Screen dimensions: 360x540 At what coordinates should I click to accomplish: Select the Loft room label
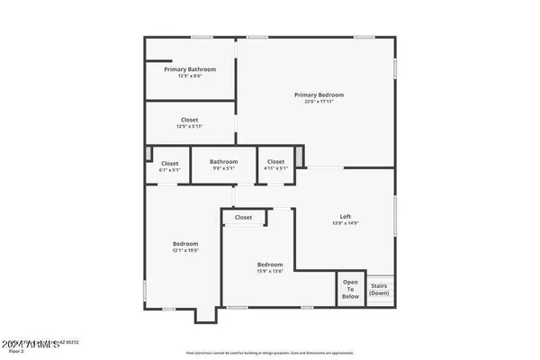pos(345,216)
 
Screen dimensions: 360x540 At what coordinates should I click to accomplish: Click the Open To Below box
pos(350,289)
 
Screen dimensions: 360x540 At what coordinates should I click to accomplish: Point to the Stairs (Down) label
pos(379,289)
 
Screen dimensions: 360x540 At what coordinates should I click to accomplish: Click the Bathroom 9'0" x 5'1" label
pos(224,162)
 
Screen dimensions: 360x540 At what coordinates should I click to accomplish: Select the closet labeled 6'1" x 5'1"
pos(170,165)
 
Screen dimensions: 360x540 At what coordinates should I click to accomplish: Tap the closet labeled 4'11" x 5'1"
pos(275,165)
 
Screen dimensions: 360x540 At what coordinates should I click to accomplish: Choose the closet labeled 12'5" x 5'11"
pos(189,123)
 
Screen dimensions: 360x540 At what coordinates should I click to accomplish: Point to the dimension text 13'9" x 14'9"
pos(345,223)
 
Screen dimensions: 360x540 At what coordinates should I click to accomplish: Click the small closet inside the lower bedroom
pos(244,218)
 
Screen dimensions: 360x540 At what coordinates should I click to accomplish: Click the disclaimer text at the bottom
pos(270,354)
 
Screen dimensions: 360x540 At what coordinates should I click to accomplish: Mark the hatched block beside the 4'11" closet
pos(301,157)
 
